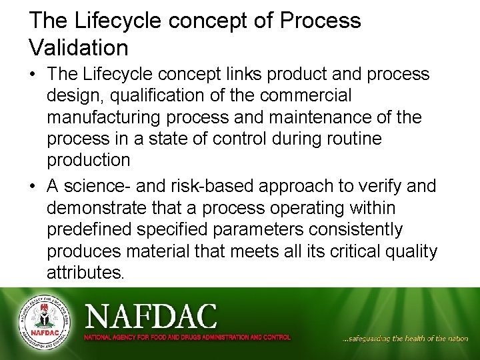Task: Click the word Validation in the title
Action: [79, 48]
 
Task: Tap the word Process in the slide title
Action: [322, 21]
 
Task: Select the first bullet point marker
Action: [33, 74]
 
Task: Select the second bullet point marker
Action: [33, 186]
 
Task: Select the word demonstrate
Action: [101, 208]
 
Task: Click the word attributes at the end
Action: [85, 273]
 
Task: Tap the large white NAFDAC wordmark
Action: [150, 315]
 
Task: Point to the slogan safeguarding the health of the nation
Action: [405, 339]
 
